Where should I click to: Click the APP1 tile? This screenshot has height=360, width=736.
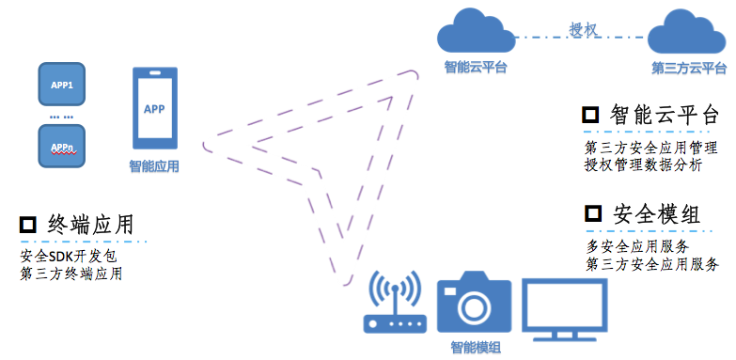pos(61,85)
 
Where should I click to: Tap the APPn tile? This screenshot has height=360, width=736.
pos(61,146)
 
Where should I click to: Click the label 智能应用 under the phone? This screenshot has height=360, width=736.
pos(153,167)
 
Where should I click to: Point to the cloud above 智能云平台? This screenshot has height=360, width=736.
pos(476,34)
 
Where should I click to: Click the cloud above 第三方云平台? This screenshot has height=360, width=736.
pos(688,34)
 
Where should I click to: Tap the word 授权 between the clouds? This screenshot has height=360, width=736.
pos(583,28)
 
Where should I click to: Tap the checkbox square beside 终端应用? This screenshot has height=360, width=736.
pos(28,225)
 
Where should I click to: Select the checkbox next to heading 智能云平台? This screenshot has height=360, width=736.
pos(591,116)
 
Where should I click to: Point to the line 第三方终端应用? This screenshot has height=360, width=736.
pos(70,274)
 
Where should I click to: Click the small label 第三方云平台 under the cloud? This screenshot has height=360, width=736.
pos(689,69)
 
